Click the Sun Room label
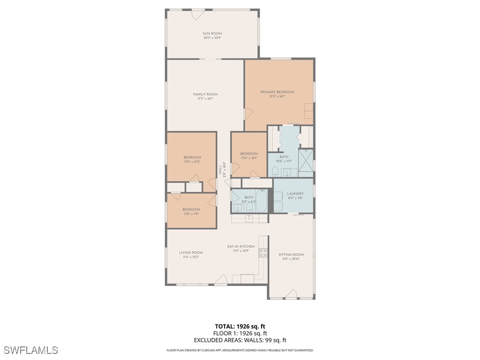coord(212,33)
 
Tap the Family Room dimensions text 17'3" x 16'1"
coord(205,99)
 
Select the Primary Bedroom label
coord(277,92)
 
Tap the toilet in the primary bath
coord(276,171)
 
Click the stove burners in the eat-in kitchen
coord(263,253)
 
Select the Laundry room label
coord(295,194)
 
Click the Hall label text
coord(219,170)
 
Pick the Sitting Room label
coord(291,255)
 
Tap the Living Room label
coord(191,253)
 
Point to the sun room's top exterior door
coord(198,15)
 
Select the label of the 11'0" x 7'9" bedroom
coord(191,210)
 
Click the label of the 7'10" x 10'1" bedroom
coord(249,154)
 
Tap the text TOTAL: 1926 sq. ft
coord(240,326)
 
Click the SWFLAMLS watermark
coord(31,350)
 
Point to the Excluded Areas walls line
coord(240,340)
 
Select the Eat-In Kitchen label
coord(241,246)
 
